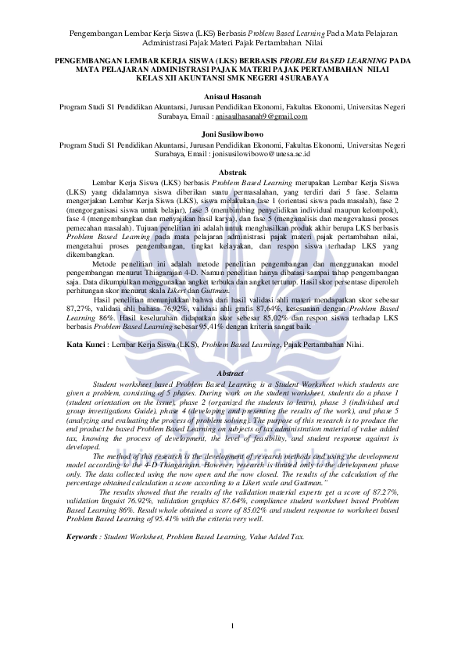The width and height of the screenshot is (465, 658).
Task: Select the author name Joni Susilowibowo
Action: click(x=232, y=134)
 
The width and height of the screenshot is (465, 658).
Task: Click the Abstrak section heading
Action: click(x=232, y=172)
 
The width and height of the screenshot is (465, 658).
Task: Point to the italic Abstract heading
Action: click(x=232, y=374)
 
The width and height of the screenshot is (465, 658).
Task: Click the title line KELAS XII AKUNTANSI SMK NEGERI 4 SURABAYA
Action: click(x=232, y=78)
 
